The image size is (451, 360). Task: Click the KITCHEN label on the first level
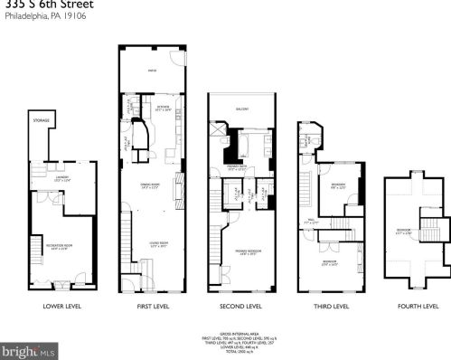tap(164, 107)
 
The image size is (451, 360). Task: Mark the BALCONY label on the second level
tap(242, 109)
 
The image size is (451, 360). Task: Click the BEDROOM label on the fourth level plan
tap(403, 231)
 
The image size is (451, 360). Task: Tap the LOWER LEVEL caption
tap(61, 306)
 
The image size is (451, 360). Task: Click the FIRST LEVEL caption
tap(152, 306)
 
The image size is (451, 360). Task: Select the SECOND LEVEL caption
tap(242, 306)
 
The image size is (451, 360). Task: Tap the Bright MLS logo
tap(28, 349)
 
